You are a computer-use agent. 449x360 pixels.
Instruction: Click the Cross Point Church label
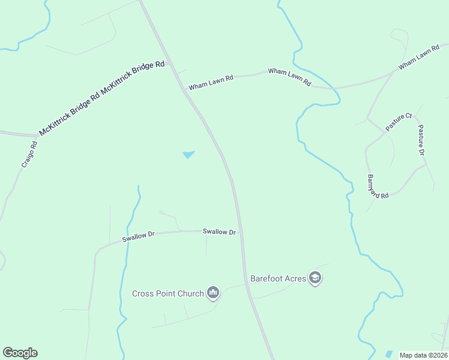pos(167,293)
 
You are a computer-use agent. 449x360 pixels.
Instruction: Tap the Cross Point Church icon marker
pos(213,293)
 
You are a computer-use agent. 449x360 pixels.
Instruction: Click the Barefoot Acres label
pos(278,278)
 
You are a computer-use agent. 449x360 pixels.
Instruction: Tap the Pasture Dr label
pos(421,140)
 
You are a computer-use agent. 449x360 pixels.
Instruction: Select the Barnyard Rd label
pos(378,187)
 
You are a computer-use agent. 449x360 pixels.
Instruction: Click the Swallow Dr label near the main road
pos(219,232)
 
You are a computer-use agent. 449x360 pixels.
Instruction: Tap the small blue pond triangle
pos(188,155)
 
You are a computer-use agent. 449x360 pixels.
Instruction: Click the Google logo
pos(20,353)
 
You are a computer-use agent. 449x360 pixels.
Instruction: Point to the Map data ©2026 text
pos(423,355)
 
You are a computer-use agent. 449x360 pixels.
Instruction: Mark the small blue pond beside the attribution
pos(389,354)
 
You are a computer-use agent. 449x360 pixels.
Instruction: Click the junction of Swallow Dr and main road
pos(242,231)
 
